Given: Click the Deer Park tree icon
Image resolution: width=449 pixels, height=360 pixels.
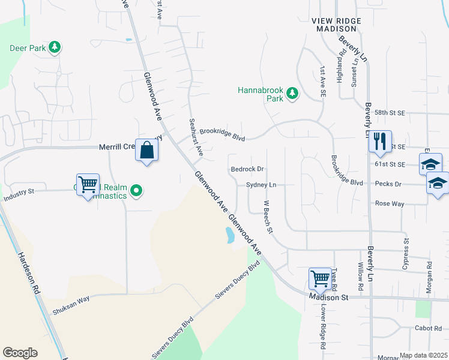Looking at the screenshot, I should [55, 47].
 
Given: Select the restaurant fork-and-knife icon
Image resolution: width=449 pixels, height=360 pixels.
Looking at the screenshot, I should [380, 141].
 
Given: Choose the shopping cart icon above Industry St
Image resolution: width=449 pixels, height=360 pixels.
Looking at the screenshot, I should [88, 184].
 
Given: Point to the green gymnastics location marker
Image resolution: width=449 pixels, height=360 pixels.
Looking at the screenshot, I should [137, 191].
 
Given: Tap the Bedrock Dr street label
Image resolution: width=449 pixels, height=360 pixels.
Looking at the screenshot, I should [247, 170].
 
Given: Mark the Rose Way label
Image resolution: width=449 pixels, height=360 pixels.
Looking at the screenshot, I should [389, 204].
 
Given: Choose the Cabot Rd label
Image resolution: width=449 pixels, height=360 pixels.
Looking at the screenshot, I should [428, 328].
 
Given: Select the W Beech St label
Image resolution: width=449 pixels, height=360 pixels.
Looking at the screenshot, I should [268, 217].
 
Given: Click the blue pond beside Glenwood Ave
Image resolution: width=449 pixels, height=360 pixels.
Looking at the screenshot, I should [229, 235].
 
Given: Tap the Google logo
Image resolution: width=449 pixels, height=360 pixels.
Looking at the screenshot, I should [20, 353].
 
